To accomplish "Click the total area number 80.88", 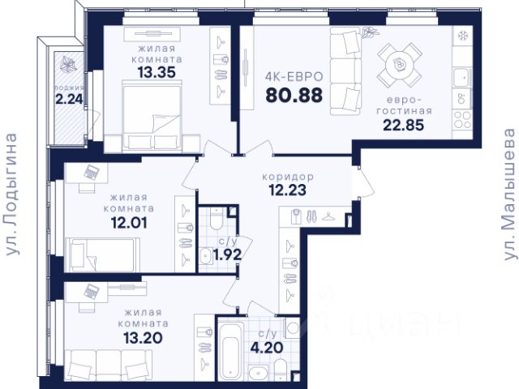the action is [294, 96].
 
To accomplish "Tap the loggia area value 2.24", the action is [69, 99].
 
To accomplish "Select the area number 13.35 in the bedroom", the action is [157, 72].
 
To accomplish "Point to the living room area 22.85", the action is [404, 125].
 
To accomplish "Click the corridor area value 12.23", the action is [287, 190].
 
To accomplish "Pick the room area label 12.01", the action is [129, 223].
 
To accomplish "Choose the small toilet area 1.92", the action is [227, 254].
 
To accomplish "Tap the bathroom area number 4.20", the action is [267, 348].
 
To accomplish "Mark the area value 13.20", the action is [143, 338].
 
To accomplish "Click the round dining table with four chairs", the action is [400, 64].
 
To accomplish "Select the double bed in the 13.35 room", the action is [152, 116].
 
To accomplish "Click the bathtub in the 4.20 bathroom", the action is [230, 351].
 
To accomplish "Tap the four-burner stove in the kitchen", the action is [462, 120].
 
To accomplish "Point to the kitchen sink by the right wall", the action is [462, 77].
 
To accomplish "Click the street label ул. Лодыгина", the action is [12, 194].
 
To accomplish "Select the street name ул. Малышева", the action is [509, 194].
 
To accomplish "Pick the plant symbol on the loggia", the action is [68, 64].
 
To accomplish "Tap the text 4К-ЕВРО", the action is [294, 77].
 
